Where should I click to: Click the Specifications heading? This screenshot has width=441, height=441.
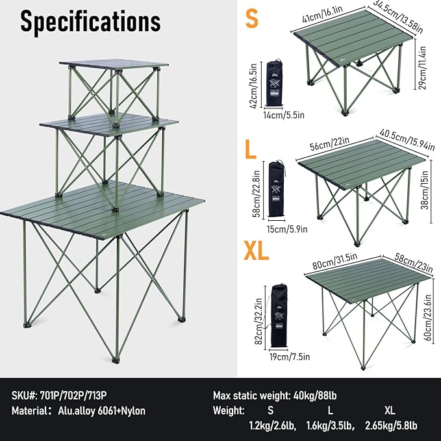(90, 21)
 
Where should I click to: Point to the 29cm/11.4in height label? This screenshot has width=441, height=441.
(424, 75)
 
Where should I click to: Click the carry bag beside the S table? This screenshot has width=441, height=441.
(275, 84)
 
